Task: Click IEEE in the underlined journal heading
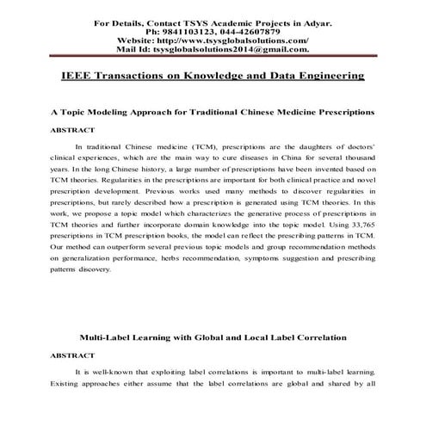[x=80, y=77]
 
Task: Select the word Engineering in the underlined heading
[x=322, y=77]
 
